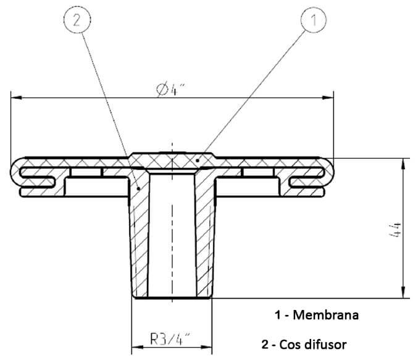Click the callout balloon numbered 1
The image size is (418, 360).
pos(313,20)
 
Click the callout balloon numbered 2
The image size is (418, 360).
pos(76,20)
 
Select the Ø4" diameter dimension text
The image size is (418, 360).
pos(172,90)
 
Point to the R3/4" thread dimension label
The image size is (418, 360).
pos(170,338)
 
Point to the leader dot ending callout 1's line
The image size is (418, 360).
pos(197,160)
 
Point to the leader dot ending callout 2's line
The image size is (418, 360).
pos(140,186)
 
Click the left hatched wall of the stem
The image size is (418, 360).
pos(140,241)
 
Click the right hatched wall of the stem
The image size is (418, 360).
pos(204,241)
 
